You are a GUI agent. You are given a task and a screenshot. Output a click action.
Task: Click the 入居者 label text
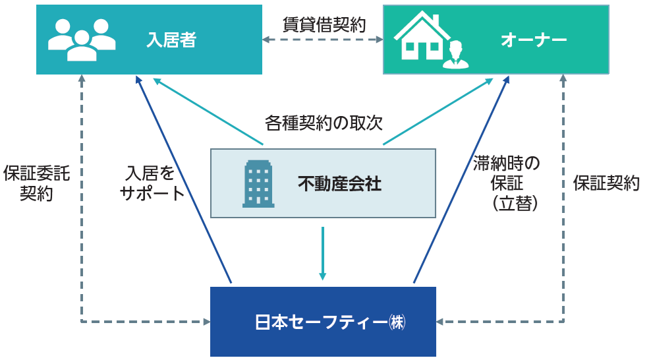pyautogui.click(x=171, y=41)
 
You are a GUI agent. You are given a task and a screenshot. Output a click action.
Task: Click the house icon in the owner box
pyautogui.click(x=422, y=38)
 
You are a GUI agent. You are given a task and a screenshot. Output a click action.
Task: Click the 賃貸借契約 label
pyautogui.click(x=323, y=24)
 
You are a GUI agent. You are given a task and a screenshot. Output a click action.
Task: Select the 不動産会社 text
pyautogui.click(x=339, y=184)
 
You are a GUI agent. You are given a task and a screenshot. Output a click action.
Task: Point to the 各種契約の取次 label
pyautogui.click(x=323, y=122)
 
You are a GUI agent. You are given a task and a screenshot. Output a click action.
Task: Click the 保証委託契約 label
pyautogui.click(x=36, y=183)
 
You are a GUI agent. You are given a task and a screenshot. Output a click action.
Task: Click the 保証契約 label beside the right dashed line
pyautogui.click(x=606, y=183)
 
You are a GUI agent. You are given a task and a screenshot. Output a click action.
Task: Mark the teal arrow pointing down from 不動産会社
pyautogui.click(x=323, y=253)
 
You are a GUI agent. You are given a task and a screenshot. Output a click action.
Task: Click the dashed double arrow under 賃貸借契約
pyautogui.click(x=323, y=40)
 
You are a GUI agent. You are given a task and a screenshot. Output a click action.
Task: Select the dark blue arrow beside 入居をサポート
pyautogui.click(x=184, y=178)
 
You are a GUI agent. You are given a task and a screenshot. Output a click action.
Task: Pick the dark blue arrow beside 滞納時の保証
pyautogui.click(x=461, y=178)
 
